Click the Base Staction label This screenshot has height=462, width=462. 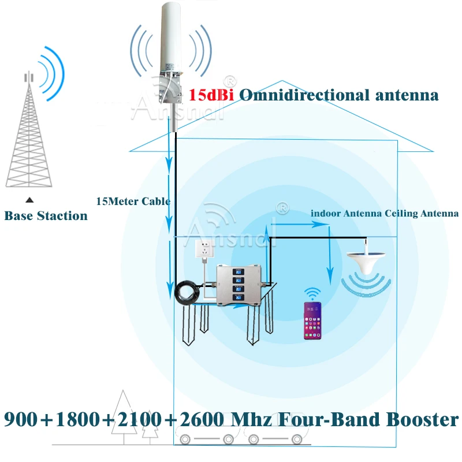coord(46,216)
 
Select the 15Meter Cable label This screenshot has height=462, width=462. coord(133,202)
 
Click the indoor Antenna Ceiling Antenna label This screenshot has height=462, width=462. coord(384,213)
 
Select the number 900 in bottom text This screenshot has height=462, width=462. coord(25,419)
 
